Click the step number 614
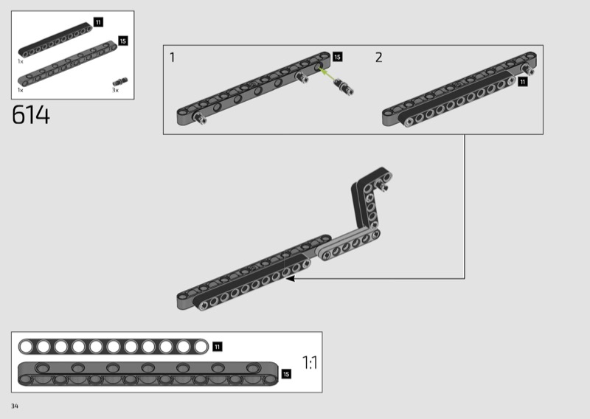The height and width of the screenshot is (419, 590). (31, 115)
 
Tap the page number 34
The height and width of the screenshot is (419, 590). (15, 406)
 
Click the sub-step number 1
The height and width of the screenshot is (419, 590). (173, 58)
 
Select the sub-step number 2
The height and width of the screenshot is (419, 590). (378, 58)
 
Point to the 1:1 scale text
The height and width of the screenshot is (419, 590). (310, 362)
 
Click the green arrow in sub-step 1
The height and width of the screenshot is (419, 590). (326, 74)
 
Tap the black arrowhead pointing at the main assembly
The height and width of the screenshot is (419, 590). (290, 279)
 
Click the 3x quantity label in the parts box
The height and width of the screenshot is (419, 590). (115, 90)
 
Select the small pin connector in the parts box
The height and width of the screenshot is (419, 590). (120, 81)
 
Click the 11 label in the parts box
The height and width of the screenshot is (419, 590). (98, 22)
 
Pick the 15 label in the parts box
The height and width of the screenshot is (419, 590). (123, 41)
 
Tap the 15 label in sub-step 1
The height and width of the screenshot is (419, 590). (337, 57)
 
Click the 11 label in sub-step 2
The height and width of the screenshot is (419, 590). (522, 82)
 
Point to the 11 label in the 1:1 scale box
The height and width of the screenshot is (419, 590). (218, 347)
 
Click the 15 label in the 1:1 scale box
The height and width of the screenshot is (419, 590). (286, 374)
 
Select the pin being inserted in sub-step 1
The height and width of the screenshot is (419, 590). (344, 86)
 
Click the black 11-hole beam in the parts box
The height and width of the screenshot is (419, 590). (55, 41)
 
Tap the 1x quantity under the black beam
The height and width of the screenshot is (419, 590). (21, 61)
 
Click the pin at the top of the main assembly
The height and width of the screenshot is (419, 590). (383, 185)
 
